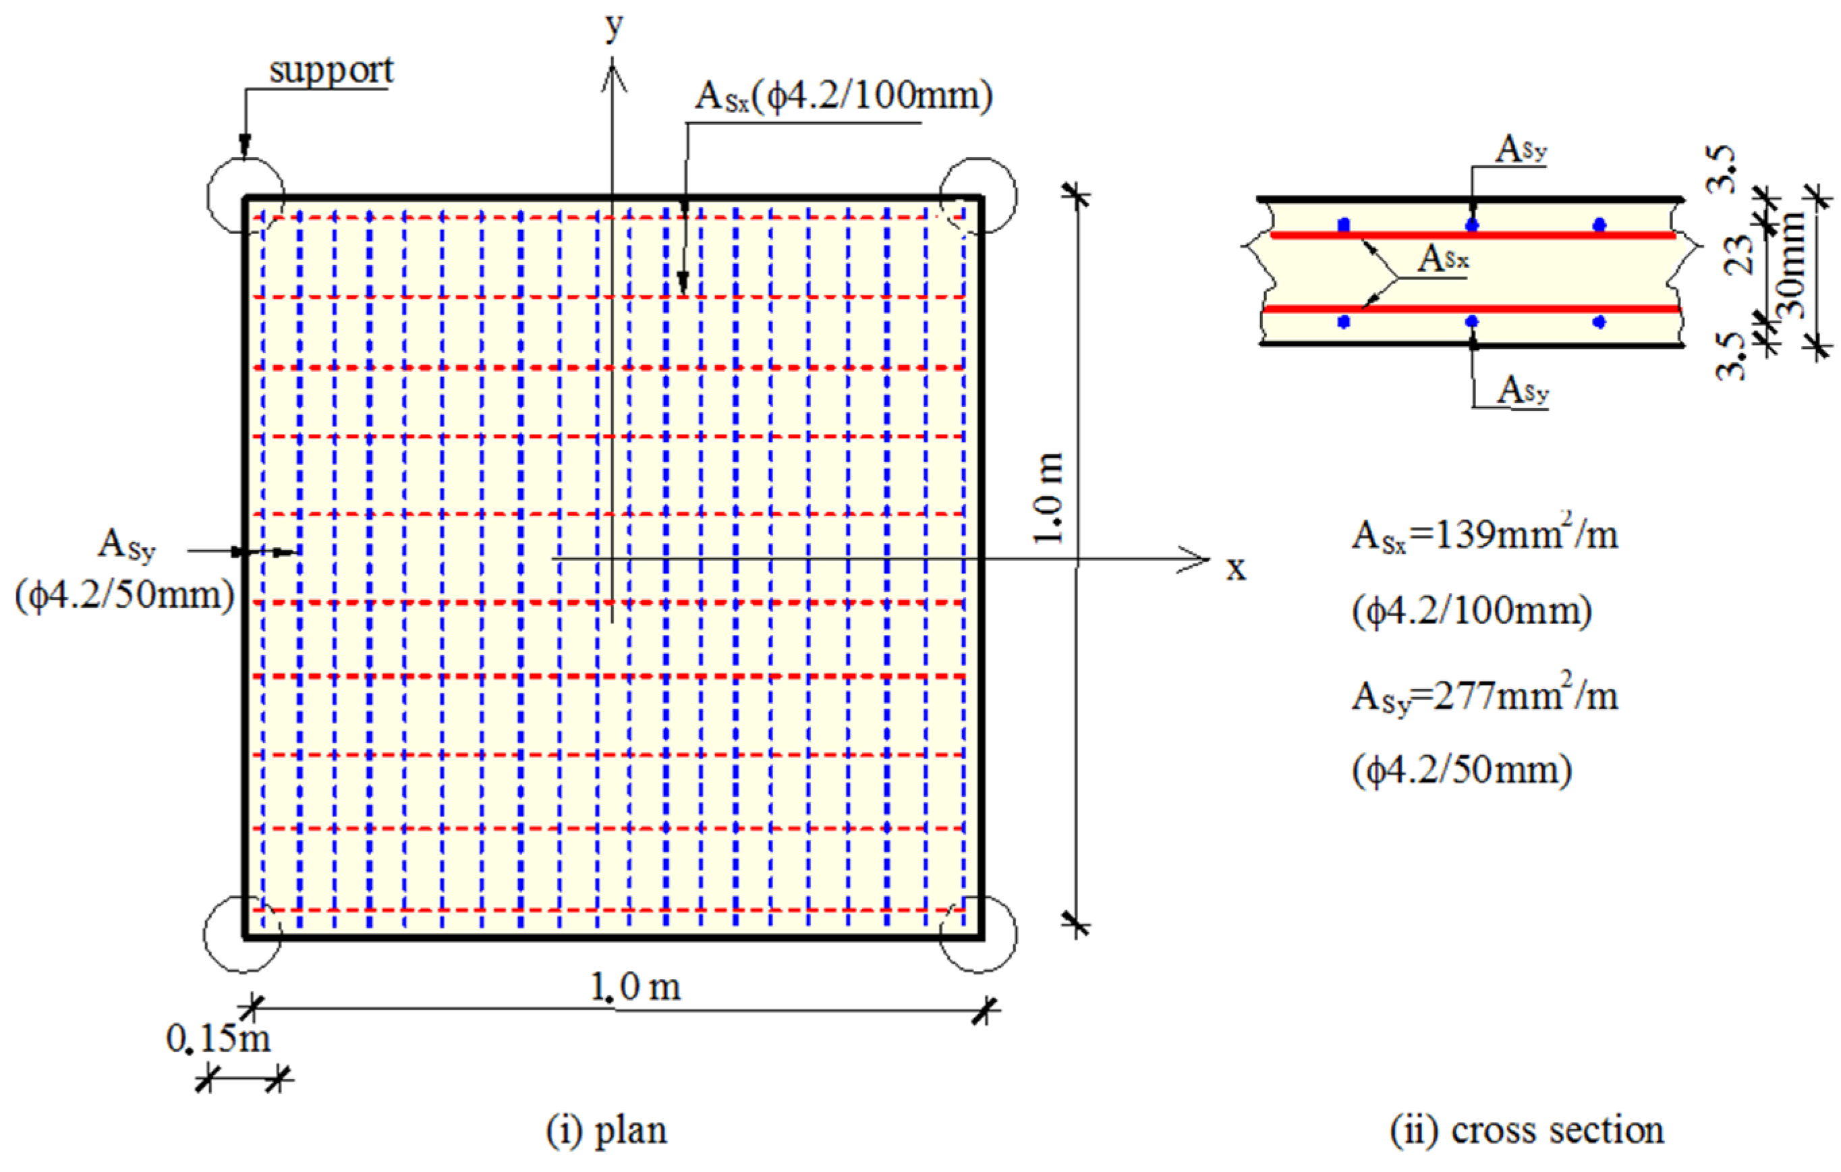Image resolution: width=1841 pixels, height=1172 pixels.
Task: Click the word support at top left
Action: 331,71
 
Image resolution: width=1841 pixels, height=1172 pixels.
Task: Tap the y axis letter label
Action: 614,27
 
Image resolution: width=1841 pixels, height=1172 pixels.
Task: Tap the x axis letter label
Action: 1235,568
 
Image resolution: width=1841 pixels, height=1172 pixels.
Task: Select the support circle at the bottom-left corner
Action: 242,934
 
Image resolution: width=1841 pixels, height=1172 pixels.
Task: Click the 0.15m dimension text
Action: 219,1039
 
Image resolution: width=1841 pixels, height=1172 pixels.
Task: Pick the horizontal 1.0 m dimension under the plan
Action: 635,987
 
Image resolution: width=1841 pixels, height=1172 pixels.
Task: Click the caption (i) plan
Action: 606,1130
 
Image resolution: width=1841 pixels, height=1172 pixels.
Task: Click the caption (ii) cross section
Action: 1526,1130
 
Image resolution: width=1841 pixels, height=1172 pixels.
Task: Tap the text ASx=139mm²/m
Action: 1484,534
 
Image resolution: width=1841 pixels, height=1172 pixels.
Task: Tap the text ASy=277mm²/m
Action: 1484,696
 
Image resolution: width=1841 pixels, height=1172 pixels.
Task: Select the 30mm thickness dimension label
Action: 1791,264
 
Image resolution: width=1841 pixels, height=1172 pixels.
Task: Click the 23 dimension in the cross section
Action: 1741,252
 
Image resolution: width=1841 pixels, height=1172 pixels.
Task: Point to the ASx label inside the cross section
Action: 1443,259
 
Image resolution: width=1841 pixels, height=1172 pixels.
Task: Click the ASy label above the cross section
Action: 1521,149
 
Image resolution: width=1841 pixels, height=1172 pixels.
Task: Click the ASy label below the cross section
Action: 1522,390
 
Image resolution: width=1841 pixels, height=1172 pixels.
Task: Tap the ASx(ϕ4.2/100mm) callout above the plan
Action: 843,96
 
